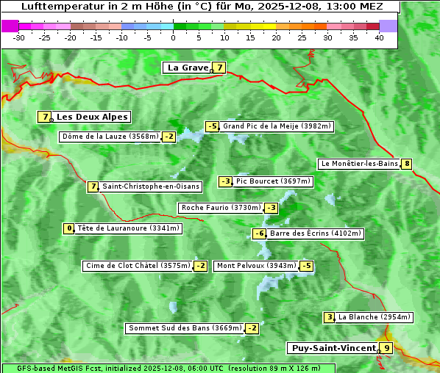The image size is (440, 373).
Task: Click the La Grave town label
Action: tap(188, 68)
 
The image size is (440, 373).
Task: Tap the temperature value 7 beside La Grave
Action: tap(219, 68)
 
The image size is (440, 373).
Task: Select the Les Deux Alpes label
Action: tap(93, 117)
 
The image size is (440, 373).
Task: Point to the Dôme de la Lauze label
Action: tap(110, 137)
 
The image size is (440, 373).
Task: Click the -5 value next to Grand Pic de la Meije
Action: tap(213, 126)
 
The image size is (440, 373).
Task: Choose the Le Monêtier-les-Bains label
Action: tap(359, 164)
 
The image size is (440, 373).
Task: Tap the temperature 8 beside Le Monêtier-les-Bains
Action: tap(406, 164)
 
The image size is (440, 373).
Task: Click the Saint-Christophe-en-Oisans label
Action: tap(151, 186)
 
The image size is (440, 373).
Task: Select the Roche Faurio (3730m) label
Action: tap(221, 208)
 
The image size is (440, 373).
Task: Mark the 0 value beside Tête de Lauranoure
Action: tap(69, 228)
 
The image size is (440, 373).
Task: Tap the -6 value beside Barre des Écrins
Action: tap(259, 233)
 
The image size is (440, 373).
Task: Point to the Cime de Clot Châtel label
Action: tap(138, 266)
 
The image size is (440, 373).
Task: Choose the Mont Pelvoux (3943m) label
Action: tap(256, 266)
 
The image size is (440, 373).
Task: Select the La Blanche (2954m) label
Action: tap(375, 317)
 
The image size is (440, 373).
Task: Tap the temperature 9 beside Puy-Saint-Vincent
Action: tap(386, 348)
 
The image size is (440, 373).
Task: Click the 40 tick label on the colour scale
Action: tap(379, 37)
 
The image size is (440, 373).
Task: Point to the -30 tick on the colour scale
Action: tap(19, 37)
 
